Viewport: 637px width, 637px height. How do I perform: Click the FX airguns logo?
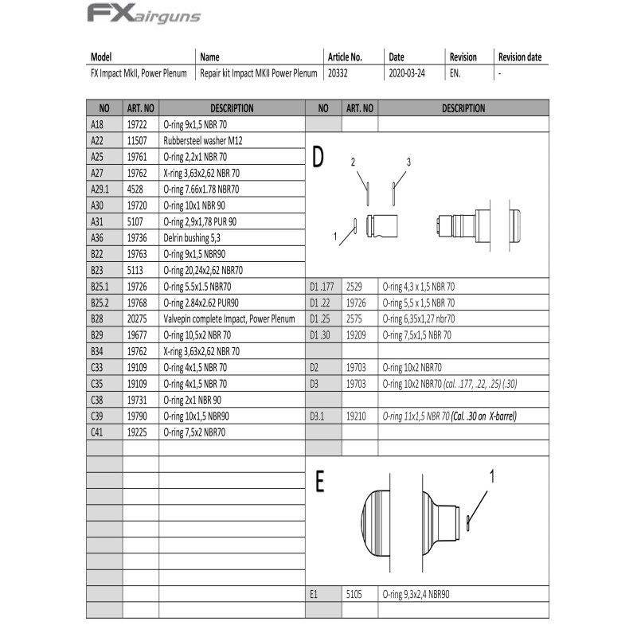click(143, 14)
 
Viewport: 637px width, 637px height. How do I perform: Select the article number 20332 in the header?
click(338, 72)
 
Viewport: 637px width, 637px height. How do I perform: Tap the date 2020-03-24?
click(406, 72)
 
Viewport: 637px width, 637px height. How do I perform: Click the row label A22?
click(98, 140)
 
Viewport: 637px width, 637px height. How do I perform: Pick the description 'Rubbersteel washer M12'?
click(202, 140)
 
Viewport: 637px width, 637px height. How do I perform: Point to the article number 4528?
click(135, 189)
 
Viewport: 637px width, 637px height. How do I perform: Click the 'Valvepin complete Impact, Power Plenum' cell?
click(229, 318)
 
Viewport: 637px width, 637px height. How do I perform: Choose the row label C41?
click(98, 432)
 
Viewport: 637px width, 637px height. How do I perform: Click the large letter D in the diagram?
click(318, 157)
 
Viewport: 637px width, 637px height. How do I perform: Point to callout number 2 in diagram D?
click(353, 162)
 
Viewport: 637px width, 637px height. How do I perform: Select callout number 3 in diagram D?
click(408, 162)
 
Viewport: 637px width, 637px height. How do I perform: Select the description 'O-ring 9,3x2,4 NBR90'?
click(422, 594)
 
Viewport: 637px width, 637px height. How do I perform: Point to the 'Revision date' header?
click(520, 57)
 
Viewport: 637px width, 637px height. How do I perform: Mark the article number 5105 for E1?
click(354, 594)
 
